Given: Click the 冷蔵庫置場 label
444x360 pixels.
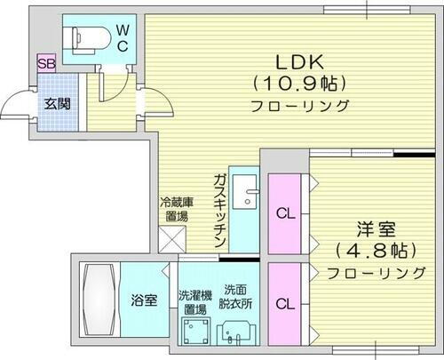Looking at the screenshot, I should [173, 208].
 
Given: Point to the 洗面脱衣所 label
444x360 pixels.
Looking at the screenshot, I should [236, 296].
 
